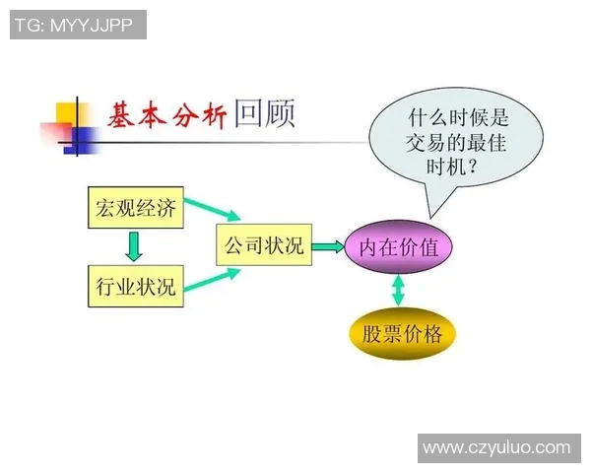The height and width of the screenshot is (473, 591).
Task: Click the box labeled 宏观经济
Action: coord(136,208)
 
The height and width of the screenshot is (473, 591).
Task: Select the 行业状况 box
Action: coord(136,287)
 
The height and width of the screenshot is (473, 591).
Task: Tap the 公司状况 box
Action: coord(262,246)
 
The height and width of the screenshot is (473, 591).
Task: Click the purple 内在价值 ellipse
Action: coord(398,247)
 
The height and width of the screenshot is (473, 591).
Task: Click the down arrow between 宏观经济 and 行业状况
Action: coord(135,246)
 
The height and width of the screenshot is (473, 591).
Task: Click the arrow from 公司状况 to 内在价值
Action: coord(326,247)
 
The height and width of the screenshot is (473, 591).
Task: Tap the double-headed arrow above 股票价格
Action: coord(398,290)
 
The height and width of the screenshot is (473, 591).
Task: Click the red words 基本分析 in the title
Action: coord(166,116)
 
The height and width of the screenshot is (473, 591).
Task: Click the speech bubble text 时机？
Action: coord(455,167)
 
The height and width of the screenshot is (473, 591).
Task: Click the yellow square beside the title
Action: coord(71,115)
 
